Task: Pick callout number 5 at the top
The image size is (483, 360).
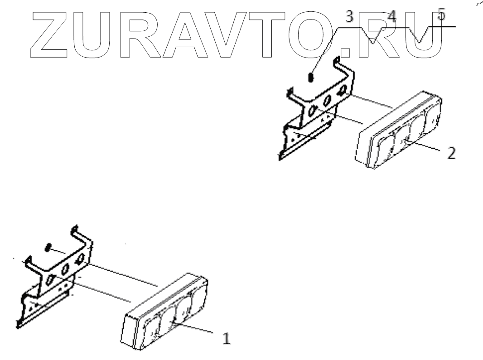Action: tap(442, 15)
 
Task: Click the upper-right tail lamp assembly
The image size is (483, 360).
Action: tap(399, 132)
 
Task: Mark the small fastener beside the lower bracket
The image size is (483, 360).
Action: tap(47, 248)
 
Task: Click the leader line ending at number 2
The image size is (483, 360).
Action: tap(426, 147)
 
